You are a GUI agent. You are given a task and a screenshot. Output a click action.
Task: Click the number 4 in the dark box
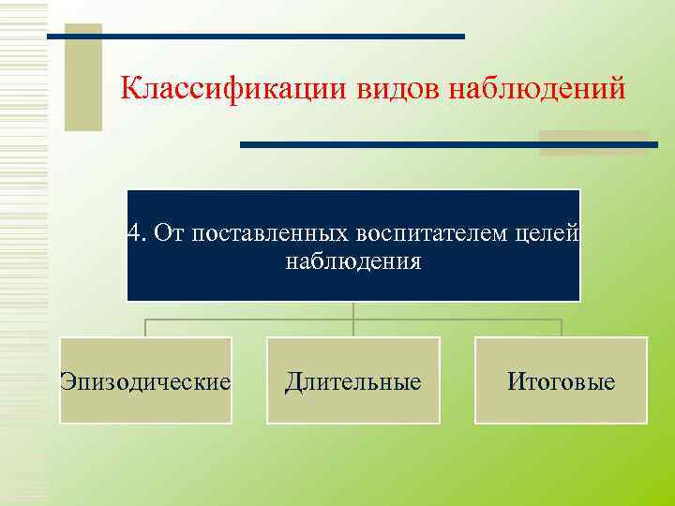[x=135, y=232]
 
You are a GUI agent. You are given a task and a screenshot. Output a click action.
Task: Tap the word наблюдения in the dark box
[x=353, y=261]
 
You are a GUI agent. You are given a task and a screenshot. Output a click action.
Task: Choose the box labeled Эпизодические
[x=145, y=381]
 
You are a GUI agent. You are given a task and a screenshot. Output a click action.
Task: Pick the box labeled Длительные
[x=353, y=381]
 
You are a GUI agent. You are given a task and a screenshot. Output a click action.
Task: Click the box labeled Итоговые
[x=561, y=381]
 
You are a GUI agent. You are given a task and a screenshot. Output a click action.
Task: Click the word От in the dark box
[x=170, y=232]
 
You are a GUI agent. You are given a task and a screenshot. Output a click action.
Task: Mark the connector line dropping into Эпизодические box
[x=145, y=328]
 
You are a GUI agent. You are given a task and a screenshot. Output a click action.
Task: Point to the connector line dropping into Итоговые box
[x=561, y=328]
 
